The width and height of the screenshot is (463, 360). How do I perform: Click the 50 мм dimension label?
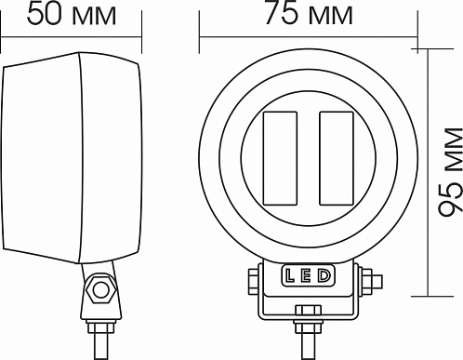coord(72,15)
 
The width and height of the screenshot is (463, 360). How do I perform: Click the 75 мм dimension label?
coord(309,14)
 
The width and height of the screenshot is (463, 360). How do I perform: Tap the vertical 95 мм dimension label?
coord(450,172)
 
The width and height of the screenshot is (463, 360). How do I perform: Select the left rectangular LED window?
coord(280,158)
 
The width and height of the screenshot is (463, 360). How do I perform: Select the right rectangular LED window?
coord(337,158)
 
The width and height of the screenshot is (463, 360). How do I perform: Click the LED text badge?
coord(308,275)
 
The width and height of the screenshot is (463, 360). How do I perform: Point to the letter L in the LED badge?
coord(290,275)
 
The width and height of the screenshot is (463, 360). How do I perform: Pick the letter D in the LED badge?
coord(324,275)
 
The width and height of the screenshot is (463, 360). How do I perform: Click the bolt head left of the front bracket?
coord(253,282)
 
